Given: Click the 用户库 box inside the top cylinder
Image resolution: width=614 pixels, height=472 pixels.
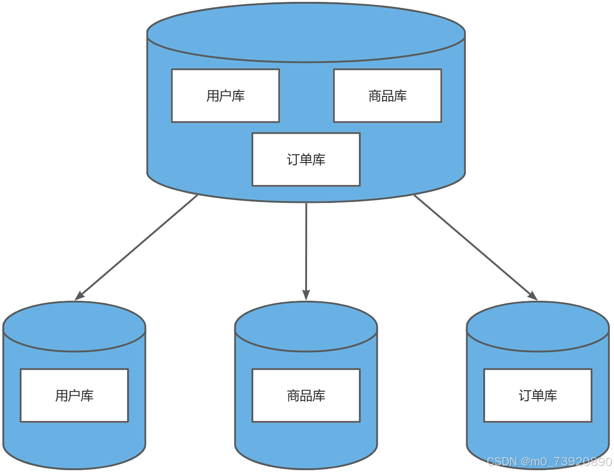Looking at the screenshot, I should tap(225, 96).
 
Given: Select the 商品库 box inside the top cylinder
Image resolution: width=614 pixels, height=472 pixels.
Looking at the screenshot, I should tap(387, 96).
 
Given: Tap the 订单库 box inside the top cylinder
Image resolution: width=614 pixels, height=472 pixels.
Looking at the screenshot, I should tap(306, 159).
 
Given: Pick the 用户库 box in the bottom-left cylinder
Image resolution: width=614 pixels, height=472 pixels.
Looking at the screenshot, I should tap(74, 395).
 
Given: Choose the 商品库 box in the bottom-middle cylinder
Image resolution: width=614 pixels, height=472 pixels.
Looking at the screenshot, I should tap(306, 395).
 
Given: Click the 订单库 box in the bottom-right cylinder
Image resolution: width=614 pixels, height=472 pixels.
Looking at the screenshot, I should tap(538, 395).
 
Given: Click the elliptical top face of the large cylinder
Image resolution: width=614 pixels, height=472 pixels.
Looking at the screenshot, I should tap(306, 32).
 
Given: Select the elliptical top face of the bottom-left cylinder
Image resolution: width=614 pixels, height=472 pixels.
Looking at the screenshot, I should tap(74, 326).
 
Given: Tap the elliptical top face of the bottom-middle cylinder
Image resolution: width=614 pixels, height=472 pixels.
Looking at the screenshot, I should tap(306, 326).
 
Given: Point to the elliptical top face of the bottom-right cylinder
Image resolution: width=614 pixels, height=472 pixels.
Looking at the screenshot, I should tap(538, 326).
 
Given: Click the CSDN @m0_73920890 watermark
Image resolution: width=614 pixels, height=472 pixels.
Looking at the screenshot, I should tap(549, 461).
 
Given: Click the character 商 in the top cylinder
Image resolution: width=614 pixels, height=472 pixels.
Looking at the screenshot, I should tap(375, 96).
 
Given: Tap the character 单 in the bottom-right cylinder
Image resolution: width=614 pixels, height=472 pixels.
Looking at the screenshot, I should tap(538, 395).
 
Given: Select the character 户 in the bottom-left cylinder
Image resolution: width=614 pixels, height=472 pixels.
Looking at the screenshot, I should tap(74, 395).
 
